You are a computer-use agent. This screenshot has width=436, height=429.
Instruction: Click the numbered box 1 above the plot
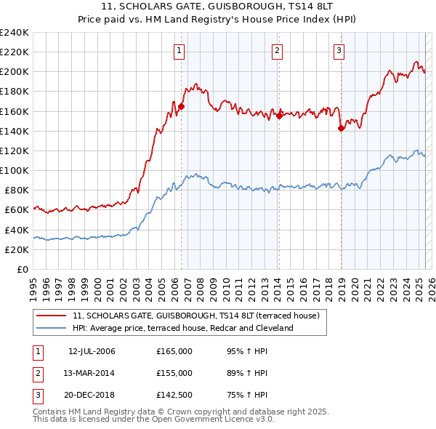[x=179, y=50]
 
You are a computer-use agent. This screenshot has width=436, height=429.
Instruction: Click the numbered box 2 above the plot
[x=278, y=50]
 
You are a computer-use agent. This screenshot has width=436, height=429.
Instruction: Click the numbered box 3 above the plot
[x=339, y=50]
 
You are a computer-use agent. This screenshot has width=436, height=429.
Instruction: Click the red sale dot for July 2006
[x=181, y=106]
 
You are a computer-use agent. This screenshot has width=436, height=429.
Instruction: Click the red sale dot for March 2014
[x=279, y=116]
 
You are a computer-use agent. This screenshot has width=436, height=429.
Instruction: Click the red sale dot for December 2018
[x=341, y=128]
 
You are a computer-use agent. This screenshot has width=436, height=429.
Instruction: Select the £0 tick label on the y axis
[x=22, y=269]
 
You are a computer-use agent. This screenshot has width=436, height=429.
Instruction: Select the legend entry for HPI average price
[x=182, y=328]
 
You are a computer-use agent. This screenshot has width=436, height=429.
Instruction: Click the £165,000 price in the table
[x=174, y=352]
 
